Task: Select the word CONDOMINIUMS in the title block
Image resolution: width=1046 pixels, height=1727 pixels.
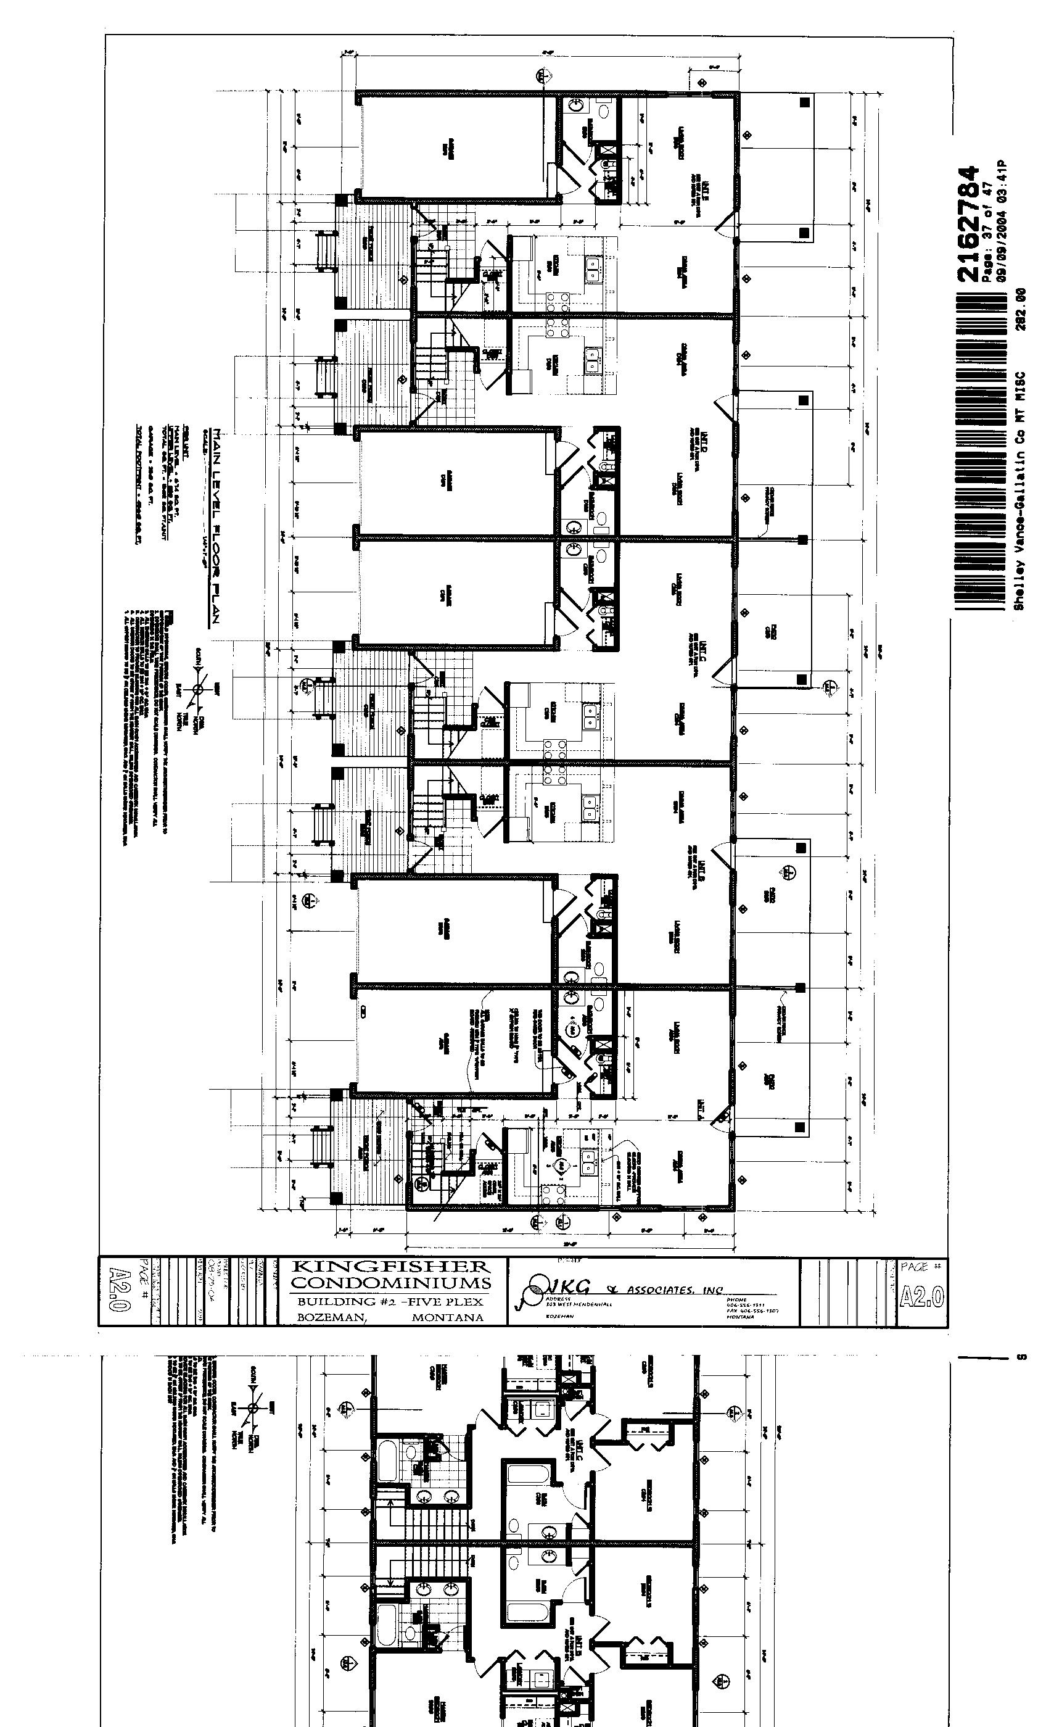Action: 391,1283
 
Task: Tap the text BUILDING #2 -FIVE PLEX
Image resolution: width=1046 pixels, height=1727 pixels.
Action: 390,1301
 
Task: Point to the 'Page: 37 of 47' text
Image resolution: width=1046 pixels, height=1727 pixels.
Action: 986,231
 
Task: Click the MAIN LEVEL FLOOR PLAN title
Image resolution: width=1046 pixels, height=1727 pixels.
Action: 217,526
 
